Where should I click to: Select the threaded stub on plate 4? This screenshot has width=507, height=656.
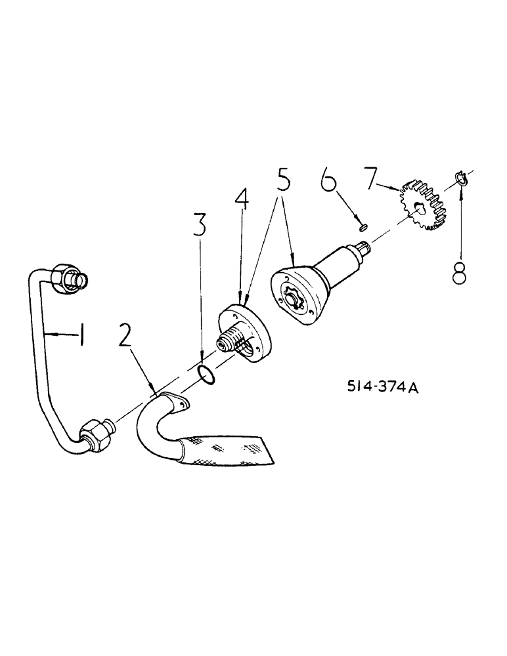228,342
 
